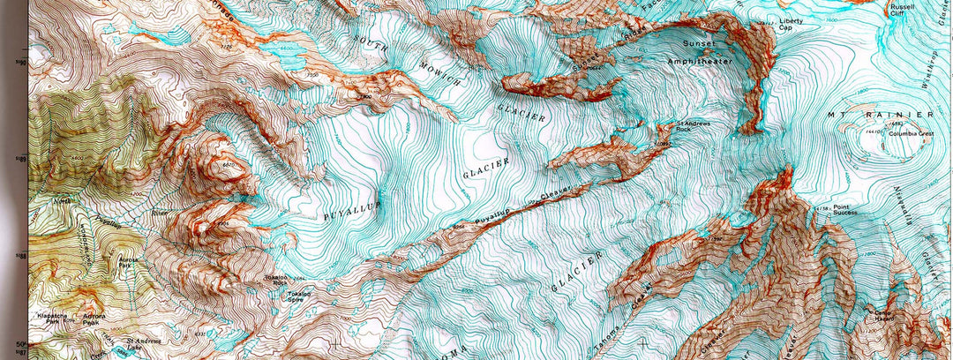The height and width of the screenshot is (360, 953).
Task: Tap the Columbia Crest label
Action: click(x=912, y=134)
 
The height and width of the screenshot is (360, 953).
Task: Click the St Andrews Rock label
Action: click(x=693, y=126)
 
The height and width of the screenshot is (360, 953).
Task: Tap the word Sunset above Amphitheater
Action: click(x=700, y=41)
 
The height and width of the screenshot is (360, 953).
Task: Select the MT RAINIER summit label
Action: click(x=879, y=116)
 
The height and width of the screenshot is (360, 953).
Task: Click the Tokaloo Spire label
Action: click(x=301, y=297)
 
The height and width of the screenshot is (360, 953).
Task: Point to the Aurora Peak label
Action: click(x=94, y=319)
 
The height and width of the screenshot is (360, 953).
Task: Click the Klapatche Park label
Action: click(x=55, y=319)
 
